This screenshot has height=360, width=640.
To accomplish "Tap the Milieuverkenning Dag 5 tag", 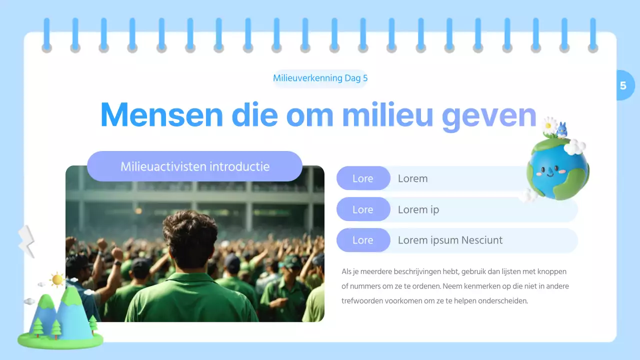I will [320, 78].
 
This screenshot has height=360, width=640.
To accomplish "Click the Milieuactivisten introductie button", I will [194, 166].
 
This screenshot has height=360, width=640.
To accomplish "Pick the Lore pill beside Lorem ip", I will [363, 209].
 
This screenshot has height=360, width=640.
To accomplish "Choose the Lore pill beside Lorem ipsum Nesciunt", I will [363, 240].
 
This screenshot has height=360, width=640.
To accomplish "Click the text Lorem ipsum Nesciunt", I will [450, 240].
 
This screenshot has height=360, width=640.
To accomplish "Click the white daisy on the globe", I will [549, 124].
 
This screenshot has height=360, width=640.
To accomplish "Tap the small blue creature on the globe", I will [562, 130].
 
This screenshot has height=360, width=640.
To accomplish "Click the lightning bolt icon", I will [26, 241].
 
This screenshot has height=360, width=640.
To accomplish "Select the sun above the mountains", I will [57, 279].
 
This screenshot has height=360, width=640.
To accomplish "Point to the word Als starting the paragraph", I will [346, 271].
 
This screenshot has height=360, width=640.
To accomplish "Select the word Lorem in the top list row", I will [412, 178].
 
